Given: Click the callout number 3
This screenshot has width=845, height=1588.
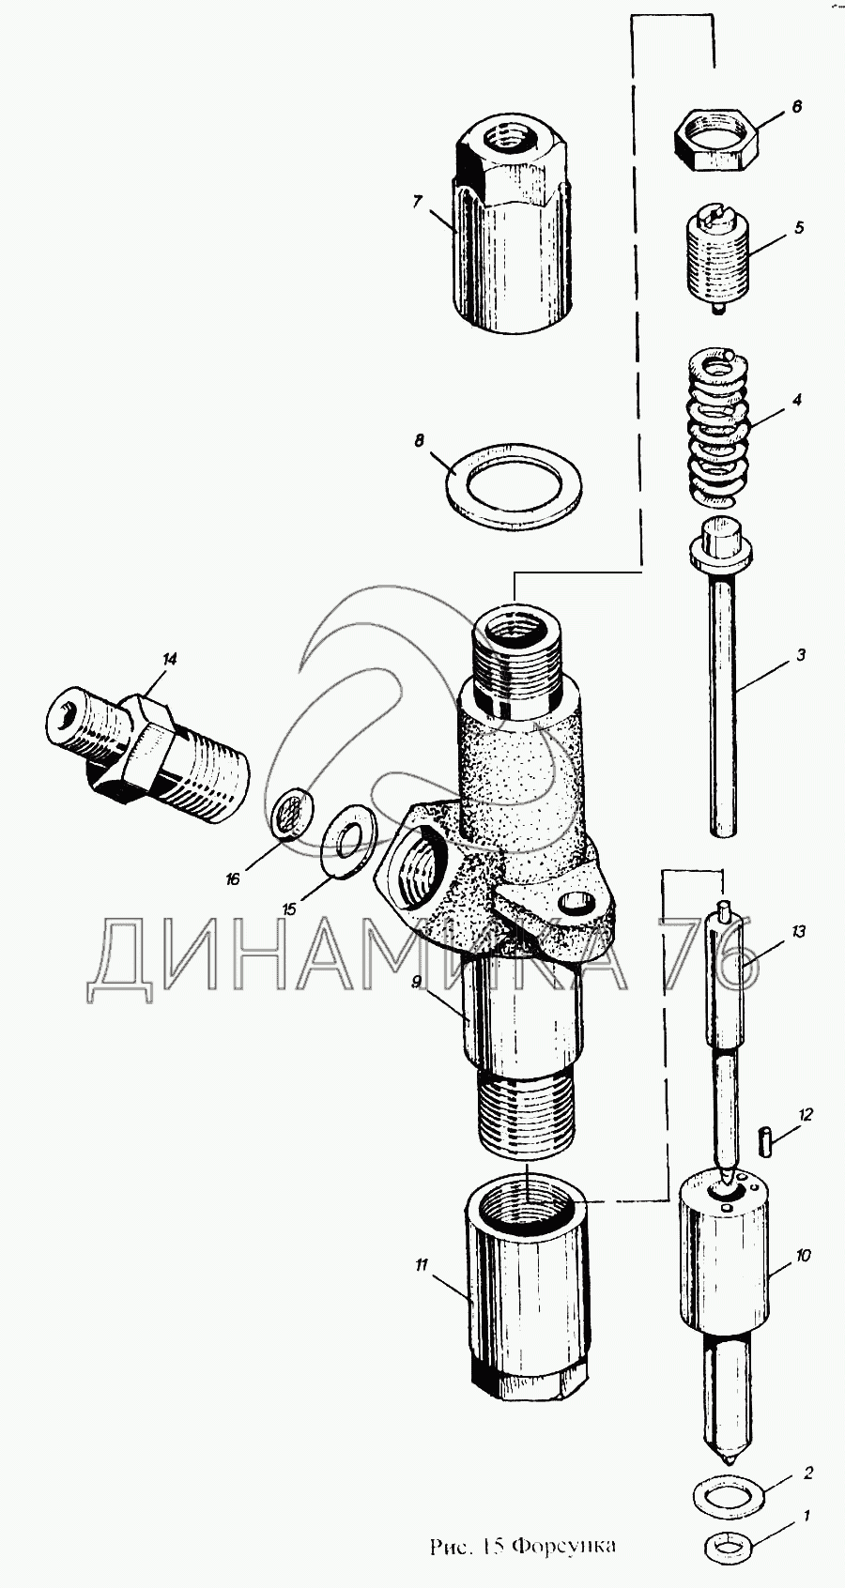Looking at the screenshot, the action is pos(800,655).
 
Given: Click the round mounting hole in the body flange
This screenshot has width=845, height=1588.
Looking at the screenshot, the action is pos(576,906).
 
